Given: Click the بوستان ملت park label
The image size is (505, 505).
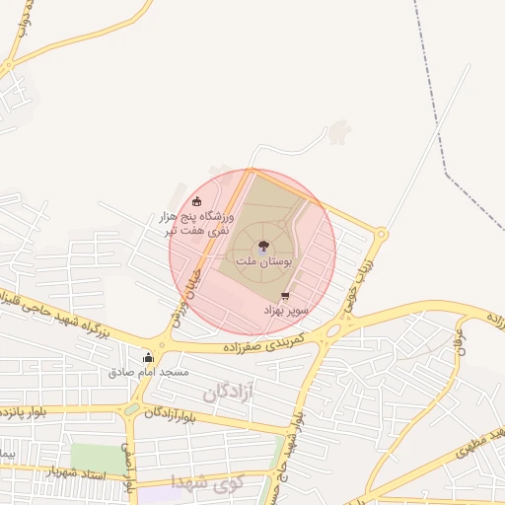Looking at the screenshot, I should [x=262, y=261].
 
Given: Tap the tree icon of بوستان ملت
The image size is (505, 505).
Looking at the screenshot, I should [x=263, y=247].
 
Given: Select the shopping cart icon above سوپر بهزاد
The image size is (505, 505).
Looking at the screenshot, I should [x=286, y=296].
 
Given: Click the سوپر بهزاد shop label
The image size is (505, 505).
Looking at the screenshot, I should [x=286, y=310].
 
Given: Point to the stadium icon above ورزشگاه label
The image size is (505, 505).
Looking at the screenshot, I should [x=196, y=201].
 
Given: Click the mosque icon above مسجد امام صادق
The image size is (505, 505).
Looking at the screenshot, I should [x=148, y=357].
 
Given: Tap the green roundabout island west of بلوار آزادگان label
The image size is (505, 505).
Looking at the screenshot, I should [x=132, y=409].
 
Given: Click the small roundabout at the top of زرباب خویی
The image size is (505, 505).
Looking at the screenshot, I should [x=382, y=234].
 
